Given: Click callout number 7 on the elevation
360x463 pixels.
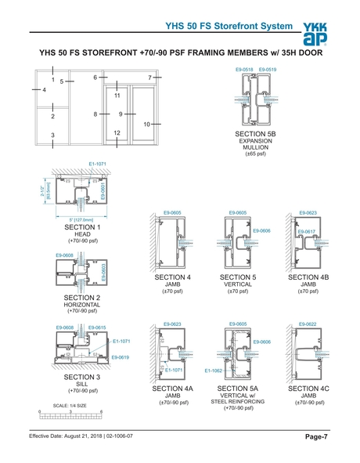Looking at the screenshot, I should point(149,78).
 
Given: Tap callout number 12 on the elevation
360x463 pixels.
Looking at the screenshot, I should point(116,132).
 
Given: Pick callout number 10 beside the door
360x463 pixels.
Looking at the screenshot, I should point(146,125).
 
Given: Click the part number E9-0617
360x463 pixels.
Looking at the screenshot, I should point(306,232).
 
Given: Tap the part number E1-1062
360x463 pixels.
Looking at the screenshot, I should point(214,370).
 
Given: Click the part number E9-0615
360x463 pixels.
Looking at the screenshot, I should point(97,327).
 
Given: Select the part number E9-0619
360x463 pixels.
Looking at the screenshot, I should point(121,357).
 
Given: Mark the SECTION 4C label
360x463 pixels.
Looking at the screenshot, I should point(308,389).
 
